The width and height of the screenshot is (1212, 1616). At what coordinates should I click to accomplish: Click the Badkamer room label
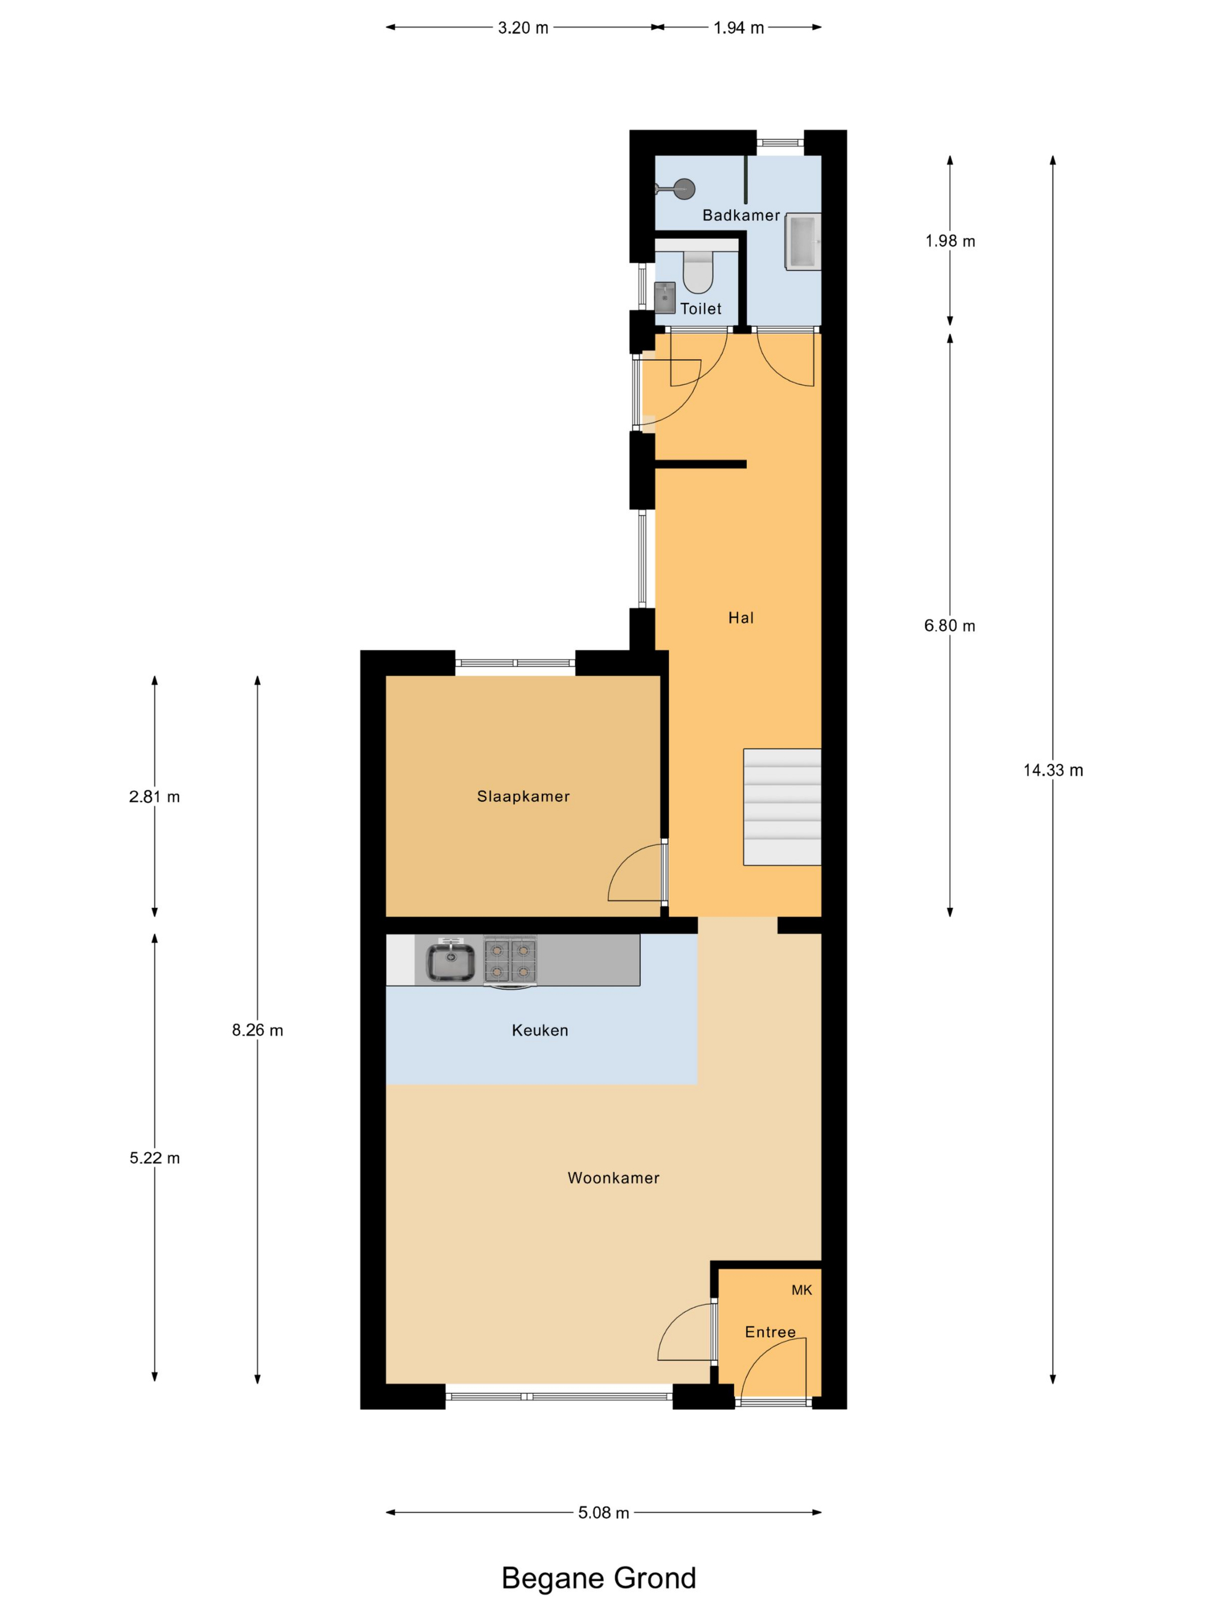pyautogui.click(x=741, y=215)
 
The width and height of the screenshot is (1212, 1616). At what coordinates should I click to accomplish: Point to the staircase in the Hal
pyautogui.click(x=781, y=806)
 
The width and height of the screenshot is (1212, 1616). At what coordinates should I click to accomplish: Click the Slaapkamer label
pyautogui.click(x=523, y=796)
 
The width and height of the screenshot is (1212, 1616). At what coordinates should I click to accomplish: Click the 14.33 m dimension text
pyautogui.click(x=1053, y=770)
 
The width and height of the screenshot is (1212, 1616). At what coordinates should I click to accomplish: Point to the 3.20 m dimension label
pyautogui.click(x=523, y=28)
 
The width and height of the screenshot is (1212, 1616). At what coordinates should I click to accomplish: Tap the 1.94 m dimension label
pyautogui.click(x=739, y=28)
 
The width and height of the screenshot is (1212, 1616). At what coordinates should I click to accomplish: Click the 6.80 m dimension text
pyautogui.click(x=950, y=626)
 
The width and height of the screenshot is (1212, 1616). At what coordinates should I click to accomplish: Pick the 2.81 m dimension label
pyautogui.click(x=154, y=796)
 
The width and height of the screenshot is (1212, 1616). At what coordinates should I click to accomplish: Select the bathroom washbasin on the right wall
pyautogui.click(x=803, y=242)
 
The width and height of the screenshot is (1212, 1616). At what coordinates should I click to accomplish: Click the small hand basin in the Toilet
pyautogui.click(x=665, y=297)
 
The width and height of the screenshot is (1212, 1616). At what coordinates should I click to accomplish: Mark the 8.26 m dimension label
pyautogui.click(x=257, y=1030)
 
